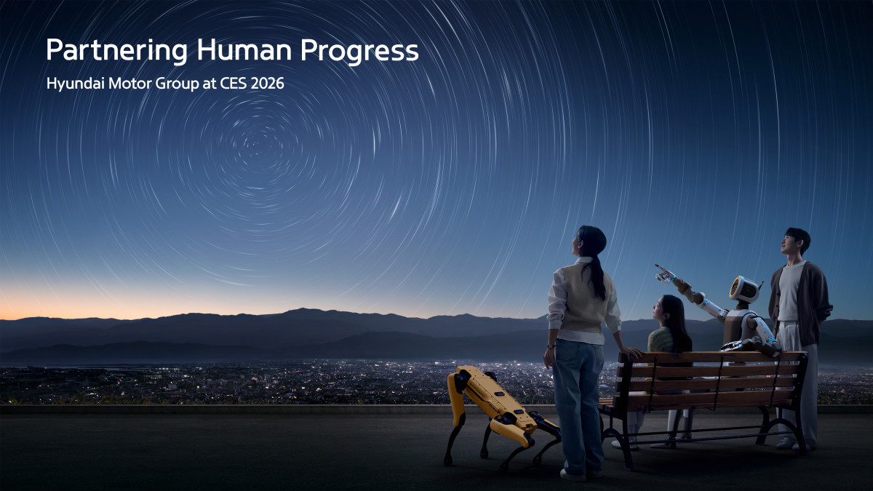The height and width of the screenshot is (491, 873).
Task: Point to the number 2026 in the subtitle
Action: [x=265, y=84]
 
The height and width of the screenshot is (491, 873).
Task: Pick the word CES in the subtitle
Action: [x=232, y=84]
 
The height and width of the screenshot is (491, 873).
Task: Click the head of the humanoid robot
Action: [x=744, y=289]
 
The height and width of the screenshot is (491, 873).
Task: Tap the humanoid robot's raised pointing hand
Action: [x=663, y=274]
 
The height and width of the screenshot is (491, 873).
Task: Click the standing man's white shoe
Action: [x=786, y=442]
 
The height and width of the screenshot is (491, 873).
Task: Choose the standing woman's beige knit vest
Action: [x=582, y=298]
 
